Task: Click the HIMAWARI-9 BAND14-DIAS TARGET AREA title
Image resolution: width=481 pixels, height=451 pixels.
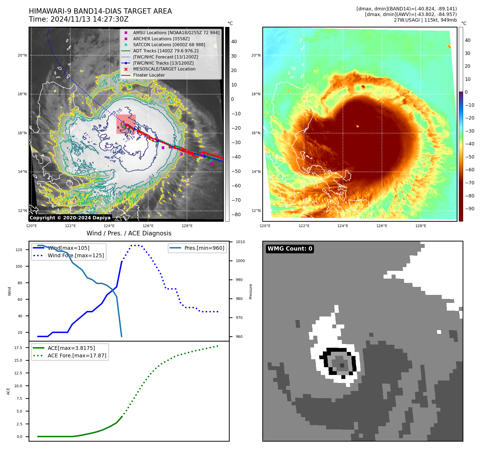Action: tap(100, 11)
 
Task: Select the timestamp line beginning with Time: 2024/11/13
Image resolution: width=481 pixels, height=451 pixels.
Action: tap(79, 19)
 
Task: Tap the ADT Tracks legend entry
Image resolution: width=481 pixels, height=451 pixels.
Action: tap(166, 51)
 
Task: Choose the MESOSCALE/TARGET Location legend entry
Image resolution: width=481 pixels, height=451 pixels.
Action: tap(164, 69)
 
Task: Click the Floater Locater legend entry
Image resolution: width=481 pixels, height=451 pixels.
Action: tap(149, 75)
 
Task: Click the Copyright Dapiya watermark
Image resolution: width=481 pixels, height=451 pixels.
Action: tap(70, 218)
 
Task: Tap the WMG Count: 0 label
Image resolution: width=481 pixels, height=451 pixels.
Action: tap(290, 249)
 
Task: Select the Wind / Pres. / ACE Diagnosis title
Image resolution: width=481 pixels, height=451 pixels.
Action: tap(129, 233)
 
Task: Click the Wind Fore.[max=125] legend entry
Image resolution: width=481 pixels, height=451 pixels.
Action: tap(76, 255)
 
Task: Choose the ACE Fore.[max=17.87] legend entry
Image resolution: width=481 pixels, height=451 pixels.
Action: tap(77, 355)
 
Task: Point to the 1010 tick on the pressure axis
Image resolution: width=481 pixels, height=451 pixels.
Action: tap(240, 242)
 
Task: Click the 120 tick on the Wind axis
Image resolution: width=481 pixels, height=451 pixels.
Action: tap(19, 250)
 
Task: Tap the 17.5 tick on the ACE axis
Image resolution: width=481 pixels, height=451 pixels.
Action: tap(18, 348)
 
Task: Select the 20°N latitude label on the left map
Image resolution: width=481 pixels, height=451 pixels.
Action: tap(22, 56)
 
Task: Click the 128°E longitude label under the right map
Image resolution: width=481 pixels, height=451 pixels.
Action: tap(421, 226)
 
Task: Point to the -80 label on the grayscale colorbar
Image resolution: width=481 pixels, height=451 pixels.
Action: tap(236, 215)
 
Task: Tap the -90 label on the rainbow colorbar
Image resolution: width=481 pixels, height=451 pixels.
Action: tap(470, 209)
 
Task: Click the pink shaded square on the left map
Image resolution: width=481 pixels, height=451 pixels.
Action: tap(126, 124)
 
